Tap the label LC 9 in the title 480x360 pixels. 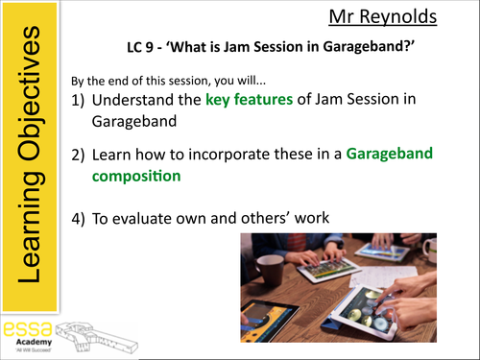(x=144, y=46)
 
